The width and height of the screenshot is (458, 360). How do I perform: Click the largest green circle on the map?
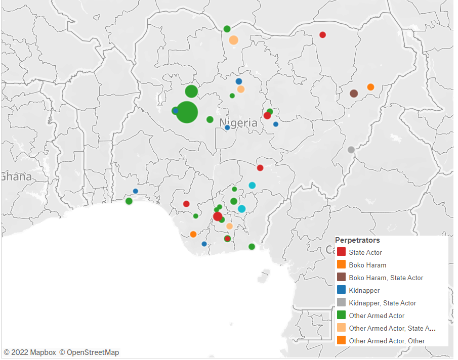(x=187, y=112)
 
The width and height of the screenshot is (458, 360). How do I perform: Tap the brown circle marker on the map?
(x=354, y=93)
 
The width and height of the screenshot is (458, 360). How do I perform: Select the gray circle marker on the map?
(x=351, y=150)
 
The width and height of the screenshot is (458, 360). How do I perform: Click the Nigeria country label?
(x=238, y=123)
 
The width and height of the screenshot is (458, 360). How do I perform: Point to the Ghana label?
(x=16, y=177)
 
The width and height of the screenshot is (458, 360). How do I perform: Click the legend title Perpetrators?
(x=357, y=240)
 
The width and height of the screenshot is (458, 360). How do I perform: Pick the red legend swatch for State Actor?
(x=342, y=252)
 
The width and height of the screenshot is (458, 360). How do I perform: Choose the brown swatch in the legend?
(x=342, y=278)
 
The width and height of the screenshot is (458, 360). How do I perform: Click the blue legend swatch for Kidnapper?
(x=342, y=290)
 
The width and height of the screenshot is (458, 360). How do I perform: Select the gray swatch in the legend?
(x=342, y=303)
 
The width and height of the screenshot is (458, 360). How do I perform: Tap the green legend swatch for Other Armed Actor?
(x=342, y=316)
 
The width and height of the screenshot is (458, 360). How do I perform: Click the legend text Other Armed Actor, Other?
(x=387, y=341)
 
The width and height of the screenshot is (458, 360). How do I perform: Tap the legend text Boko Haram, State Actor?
(x=386, y=278)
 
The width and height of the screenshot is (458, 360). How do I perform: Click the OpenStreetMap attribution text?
(x=89, y=352)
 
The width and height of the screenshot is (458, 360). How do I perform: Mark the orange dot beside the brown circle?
(x=370, y=87)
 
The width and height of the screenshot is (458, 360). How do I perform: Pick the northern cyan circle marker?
(x=252, y=186)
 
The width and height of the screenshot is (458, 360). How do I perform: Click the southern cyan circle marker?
(x=241, y=209)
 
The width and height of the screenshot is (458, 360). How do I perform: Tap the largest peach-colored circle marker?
(x=233, y=40)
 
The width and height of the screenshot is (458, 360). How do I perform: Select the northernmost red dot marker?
(x=322, y=35)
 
